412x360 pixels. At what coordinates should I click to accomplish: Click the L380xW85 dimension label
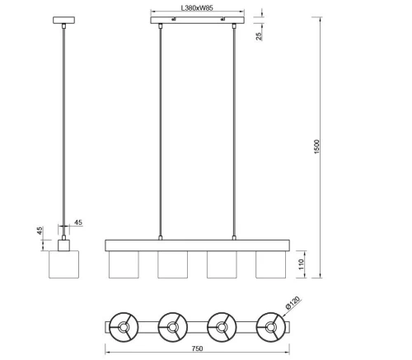pyautogui.click(x=197, y=7)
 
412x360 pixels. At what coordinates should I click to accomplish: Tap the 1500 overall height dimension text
pyautogui.click(x=316, y=147)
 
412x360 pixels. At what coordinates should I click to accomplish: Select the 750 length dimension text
pyautogui.click(x=197, y=348)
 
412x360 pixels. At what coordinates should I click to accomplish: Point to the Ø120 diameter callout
pyautogui.click(x=292, y=303)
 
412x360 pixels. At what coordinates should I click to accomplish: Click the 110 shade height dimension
pyautogui.click(x=302, y=264)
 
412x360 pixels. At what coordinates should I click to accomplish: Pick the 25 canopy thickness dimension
pyautogui.click(x=259, y=36)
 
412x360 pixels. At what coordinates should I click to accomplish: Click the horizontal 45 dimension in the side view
pyautogui.click(x=78, y=222)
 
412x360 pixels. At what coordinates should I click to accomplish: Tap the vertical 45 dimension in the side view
pyautogui.click(x=40, y=231)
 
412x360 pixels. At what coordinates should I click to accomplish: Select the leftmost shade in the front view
pyautogui.click(x=124, y=264)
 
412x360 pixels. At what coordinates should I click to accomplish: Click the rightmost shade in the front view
pyautogui.click(x=270, y=264)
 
